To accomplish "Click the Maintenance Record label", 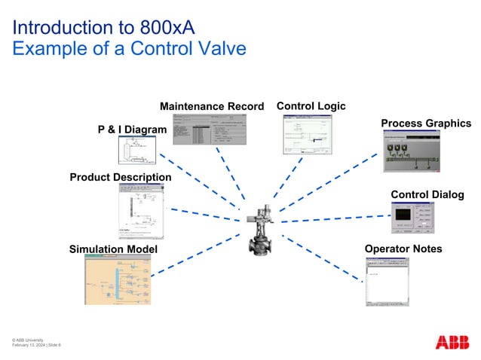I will tap(212, 106).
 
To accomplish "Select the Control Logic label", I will tap(311, 106).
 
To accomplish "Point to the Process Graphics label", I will tap(425, 124).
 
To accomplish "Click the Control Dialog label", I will tap(427, 195).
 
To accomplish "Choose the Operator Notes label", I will tap(403, 249).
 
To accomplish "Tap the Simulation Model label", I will tap(113, 249).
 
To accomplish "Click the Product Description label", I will tap(121, 178).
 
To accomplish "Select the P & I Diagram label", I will tap(132, 130).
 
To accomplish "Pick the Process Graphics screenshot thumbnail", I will tap(412, 151).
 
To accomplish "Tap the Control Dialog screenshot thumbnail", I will tap(412, 218).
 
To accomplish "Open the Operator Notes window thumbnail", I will tap(387, 280).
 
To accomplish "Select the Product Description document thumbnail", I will tap(141, 212).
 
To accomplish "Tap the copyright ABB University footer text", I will tap(30, 340).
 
